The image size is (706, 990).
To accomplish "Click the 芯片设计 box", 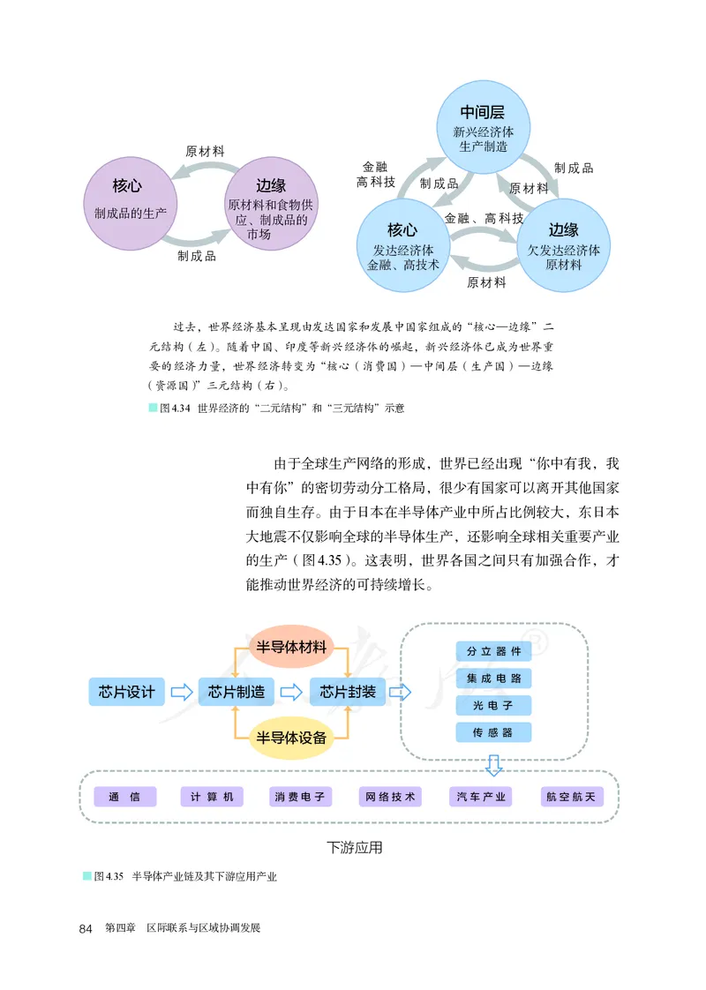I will tap(127, 691).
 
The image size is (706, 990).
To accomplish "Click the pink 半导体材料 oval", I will tap(291, 647).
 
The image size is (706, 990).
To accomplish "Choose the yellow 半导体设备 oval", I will tap(291, 737).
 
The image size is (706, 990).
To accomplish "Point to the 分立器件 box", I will tap(494, 651).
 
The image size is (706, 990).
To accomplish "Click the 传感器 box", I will tap(494, 731).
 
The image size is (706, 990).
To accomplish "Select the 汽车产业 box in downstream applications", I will tap(481, 797).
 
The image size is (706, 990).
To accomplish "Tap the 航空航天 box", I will tap(571, 797).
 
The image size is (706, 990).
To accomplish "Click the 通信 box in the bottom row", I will tap(124, 797).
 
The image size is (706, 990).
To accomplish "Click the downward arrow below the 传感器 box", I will tap(494, 764).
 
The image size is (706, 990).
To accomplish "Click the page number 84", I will tap(86, 928).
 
